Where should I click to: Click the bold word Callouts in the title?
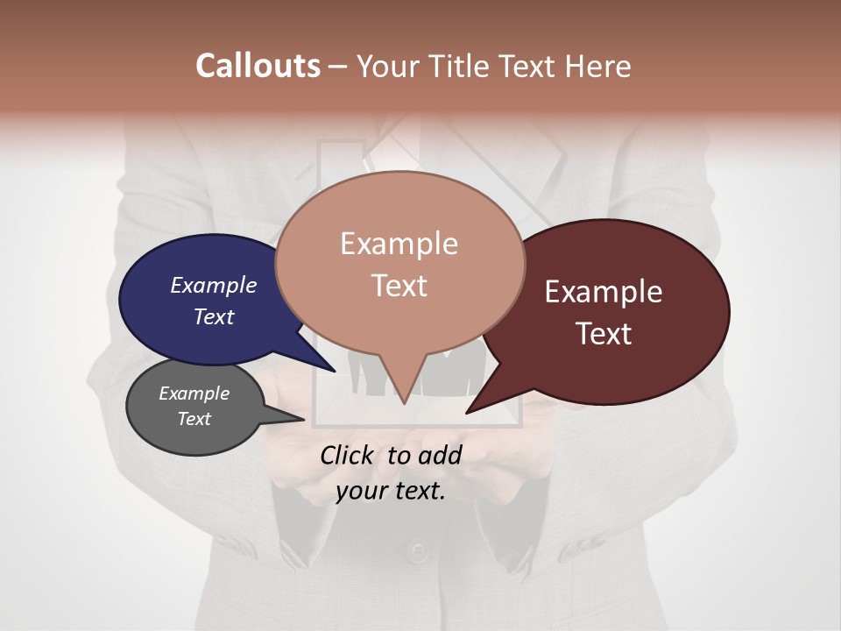[258, 66]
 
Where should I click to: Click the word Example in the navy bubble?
[214, 285]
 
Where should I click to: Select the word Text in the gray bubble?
[194, 419]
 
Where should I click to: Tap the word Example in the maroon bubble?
[604, 292]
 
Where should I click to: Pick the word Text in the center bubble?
[399, 286]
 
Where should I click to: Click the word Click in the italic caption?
[348, 455]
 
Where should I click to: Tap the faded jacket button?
[419, 551]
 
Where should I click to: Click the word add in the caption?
[440, 455]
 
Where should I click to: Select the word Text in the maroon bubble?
[604, 334]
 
